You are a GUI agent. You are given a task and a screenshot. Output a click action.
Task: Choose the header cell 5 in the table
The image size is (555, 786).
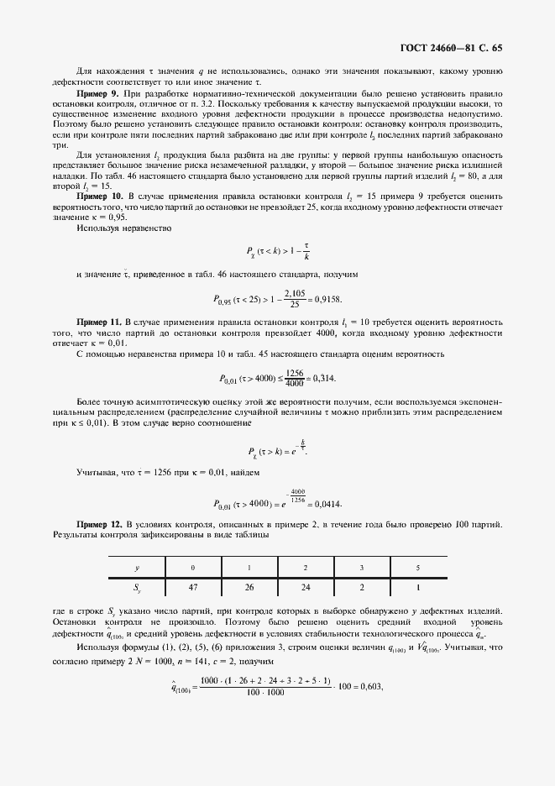point(417,568)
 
